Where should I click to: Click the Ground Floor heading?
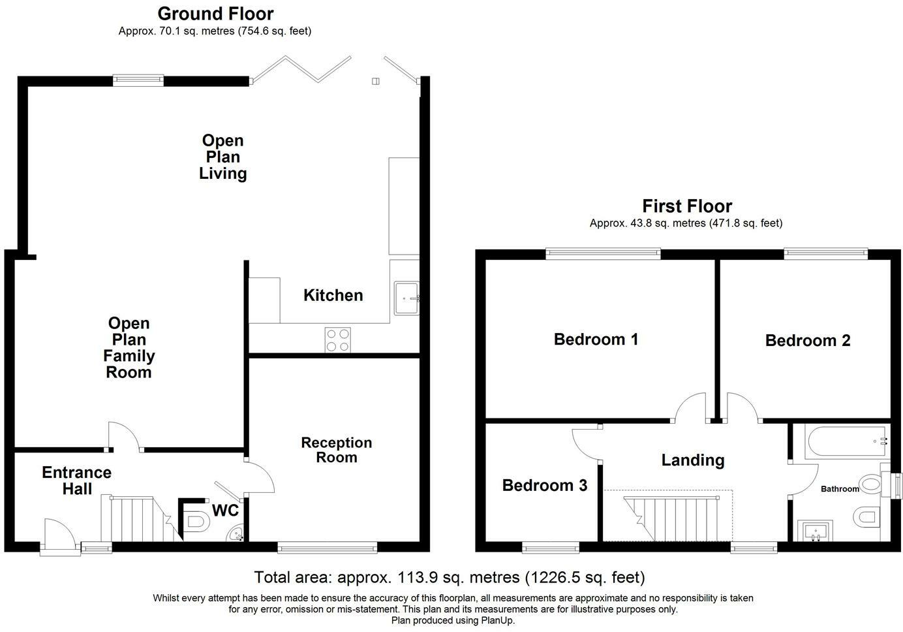[x=215, y=14]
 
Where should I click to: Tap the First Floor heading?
[x=687, y=206]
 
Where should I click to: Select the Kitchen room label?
[x=333, y=295]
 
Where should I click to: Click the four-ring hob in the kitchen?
[x=337, y=340]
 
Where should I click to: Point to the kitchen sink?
[x=406, y=298]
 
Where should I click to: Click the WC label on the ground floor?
[x=225, y=510]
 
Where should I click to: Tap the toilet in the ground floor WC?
[x=196, y=521]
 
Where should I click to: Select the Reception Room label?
[x=337, y=450]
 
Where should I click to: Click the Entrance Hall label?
[x=76, y=481]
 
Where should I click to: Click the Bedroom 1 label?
[x=596, y=340]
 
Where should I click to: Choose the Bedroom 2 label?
[x=808, y=340]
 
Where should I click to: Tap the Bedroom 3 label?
[x=545, y=485]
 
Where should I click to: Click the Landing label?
[x=693, y=460]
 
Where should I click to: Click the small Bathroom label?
[x=840, y=489]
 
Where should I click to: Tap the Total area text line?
[x=450, y=578]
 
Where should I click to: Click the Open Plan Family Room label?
[x=129, y=347]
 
